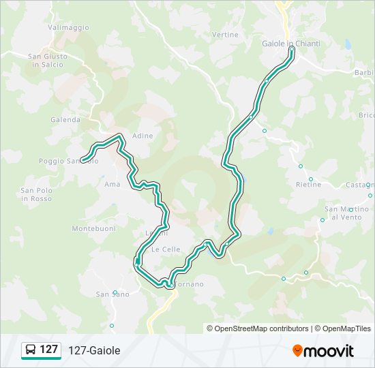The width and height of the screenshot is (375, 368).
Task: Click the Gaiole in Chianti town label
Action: [290, 43]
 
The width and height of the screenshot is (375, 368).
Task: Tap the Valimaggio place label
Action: [68, 27]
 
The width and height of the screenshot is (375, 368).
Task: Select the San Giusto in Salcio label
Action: [47, 61]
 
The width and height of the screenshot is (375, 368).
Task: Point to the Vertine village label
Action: [225, 35]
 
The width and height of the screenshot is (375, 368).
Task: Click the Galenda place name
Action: [65, 119]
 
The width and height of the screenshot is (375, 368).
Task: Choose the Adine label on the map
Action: [142, 136]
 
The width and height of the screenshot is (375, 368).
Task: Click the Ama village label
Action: [112, 184]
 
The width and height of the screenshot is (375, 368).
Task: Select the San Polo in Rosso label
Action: [37, 194]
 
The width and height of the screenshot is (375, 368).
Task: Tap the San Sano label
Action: [112, 294]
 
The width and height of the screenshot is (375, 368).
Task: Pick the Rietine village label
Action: [308, 185]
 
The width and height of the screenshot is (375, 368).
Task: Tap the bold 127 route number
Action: [49, 350]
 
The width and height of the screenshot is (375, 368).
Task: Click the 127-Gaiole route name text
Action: [94, 350]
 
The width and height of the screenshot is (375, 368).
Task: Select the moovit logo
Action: [323, 350]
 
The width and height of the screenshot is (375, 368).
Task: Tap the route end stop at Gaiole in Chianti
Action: [291, 49]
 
